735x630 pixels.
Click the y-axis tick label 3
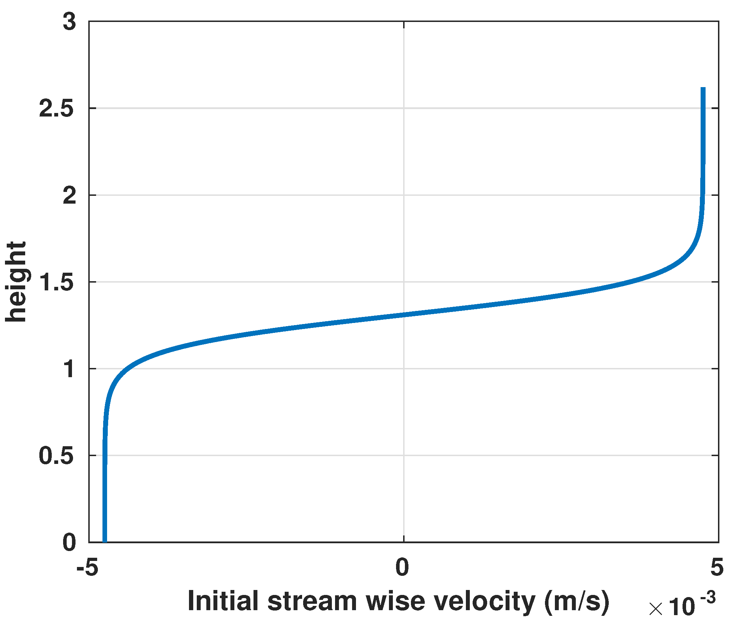point(69,22)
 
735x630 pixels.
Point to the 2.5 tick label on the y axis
point(56,109)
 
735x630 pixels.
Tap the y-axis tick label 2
point(69,195)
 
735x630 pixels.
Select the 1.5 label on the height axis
point(56,282)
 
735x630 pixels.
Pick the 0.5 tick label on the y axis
point(56,456)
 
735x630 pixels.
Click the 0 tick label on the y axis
point(69,542)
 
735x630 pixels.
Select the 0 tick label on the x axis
point(402,567)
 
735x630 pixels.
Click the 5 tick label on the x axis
point(717,567)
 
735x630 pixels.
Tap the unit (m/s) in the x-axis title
point(577,602)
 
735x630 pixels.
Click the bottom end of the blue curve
point(105,541)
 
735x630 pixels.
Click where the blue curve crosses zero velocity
point(404,314)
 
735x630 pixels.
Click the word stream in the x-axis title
point(312,602)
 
